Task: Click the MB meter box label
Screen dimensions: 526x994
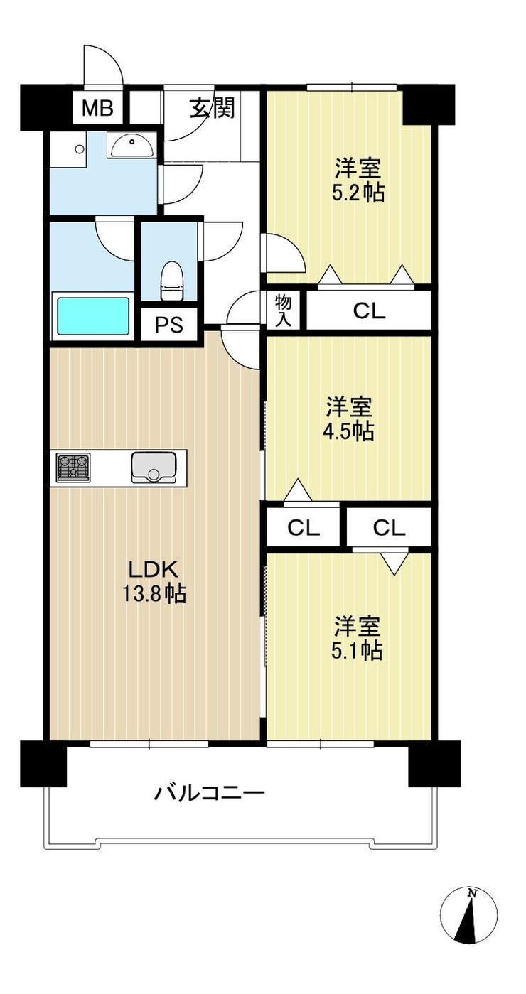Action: pyautogui.click(x=98, y=108)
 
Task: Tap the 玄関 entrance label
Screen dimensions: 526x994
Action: pyautogui.click(x=213, y=107)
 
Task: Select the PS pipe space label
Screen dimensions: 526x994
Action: pyautogui.click(x=169, y=325)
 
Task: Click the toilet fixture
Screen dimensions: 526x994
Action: pyautogui.click(x=172, y=281)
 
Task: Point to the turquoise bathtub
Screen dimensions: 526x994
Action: pyautogui.click(x=92, y=316)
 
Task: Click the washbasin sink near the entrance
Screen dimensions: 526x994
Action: pyautogui.click(x=131, y=145)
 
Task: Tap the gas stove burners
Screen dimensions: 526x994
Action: pyautogui.click(x=73, y=467)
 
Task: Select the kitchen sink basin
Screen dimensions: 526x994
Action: pyautogui.click(x=153, y=468)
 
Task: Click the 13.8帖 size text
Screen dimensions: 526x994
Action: pyautogui.click(x=154, y=593)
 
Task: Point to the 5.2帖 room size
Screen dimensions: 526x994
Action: pyautogui.click(x=358, y=192)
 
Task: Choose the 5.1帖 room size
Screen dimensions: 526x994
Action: pyautogui.click(x=357, y=651)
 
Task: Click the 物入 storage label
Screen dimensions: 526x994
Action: pyautogui.click(x=283, y=310)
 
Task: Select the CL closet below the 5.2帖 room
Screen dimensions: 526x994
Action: pyautogui.click(x=369, y=311)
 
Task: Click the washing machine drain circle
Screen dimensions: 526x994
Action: pyautogui.click(x=80, y=148)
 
